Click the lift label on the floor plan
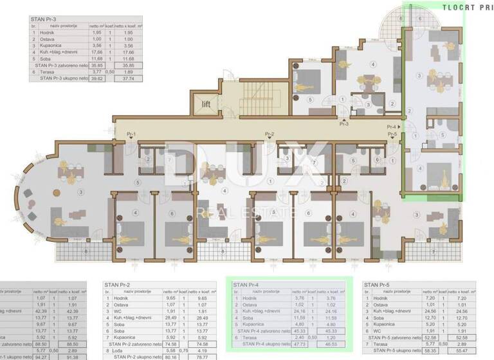click(206, 103)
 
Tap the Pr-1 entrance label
click(131, 134)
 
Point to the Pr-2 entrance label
click(269, 134)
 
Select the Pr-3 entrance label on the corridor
click(344, 123)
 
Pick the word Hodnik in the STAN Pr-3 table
click(48, 33)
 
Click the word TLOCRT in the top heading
click(457, 7)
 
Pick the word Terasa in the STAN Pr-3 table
click(48, 73)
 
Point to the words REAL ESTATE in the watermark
click(247, 212)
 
